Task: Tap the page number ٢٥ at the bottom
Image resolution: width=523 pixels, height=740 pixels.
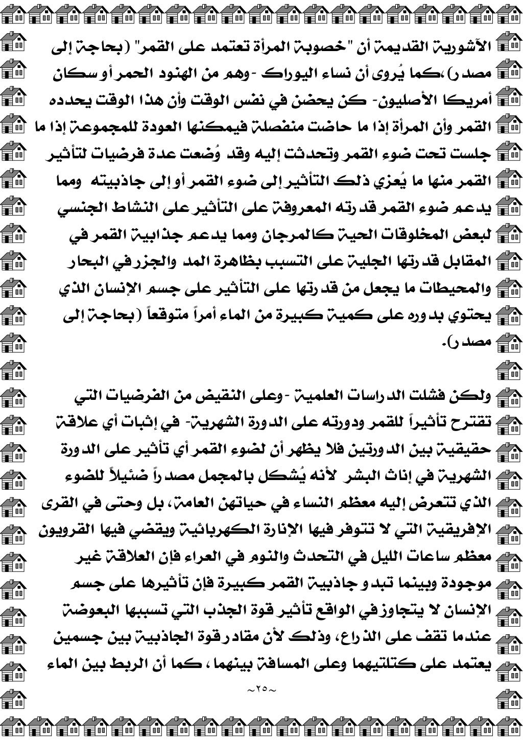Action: pyautogui.click(x=261, y=690)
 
